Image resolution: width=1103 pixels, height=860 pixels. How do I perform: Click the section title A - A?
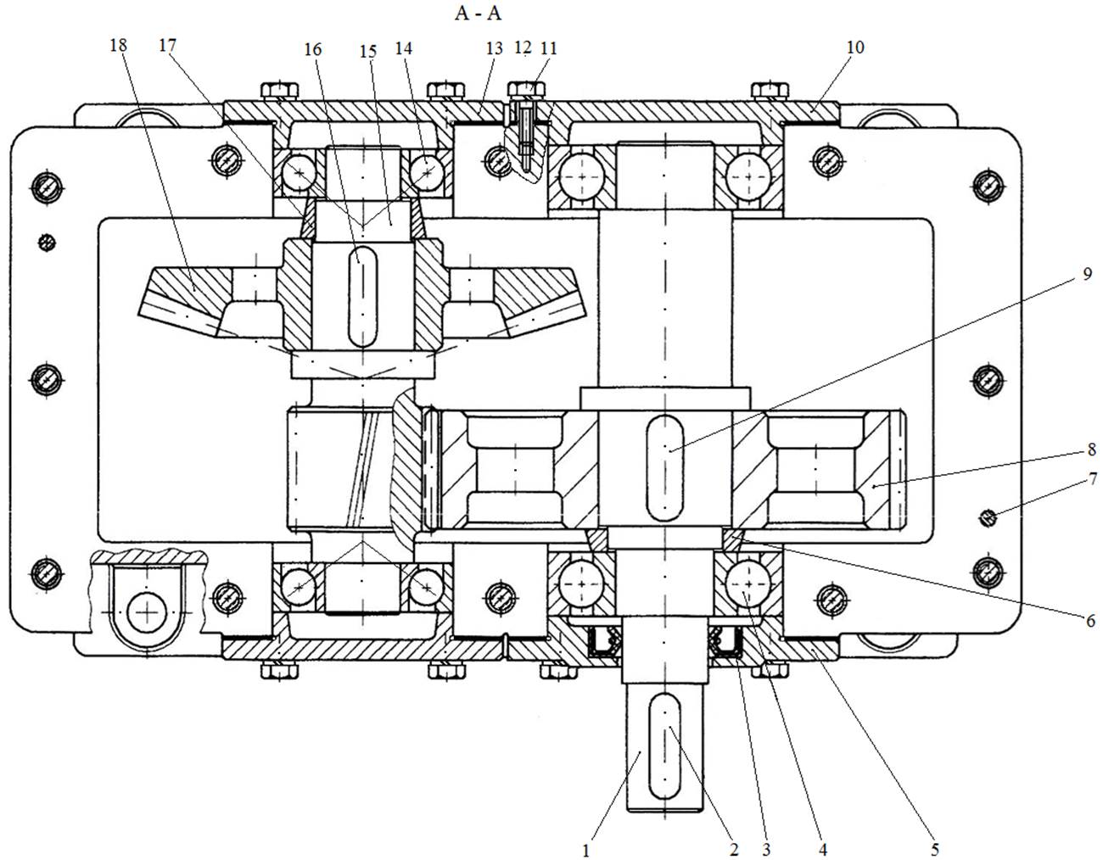pos(478,14)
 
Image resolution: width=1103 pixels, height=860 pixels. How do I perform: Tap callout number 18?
pos(118,46)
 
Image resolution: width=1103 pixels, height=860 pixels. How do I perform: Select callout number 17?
pos(167,46)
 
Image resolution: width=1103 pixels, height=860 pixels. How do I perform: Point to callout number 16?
pos(313,49)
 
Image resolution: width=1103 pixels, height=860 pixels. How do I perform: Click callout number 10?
pos(855,47)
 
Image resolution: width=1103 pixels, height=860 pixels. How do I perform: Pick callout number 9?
pos(1087,274)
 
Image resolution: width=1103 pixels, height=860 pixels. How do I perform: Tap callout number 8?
pos(1091,450)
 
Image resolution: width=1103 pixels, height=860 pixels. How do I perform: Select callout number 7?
pos(1092,478)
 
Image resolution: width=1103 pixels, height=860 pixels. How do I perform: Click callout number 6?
pos(1090,620)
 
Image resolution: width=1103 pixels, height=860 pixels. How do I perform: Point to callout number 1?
pos(586,851)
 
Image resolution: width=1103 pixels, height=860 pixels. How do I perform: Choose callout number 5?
pos(934,849)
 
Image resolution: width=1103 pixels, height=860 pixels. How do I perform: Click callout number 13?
pos(494,48)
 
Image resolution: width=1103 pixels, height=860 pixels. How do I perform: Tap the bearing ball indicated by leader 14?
pos(427,172)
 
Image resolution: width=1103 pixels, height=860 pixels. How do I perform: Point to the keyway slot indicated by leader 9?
pos(664,467)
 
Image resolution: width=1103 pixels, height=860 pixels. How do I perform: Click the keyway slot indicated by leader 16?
pos(363,297)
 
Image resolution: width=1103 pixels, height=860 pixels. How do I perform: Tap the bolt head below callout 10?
pos(770,89)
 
